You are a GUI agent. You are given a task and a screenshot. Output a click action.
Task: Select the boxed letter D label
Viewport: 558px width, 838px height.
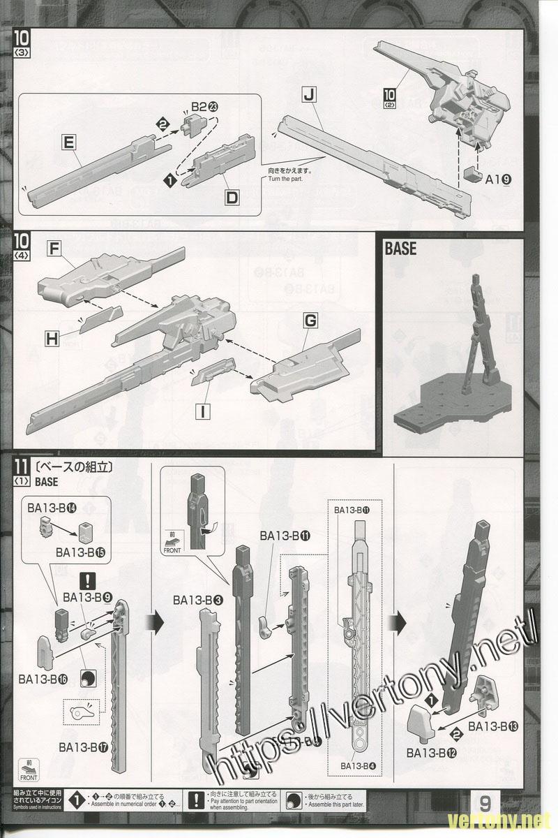coord(232,198)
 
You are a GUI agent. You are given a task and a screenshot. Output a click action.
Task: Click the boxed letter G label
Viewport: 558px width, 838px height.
coord(310,321)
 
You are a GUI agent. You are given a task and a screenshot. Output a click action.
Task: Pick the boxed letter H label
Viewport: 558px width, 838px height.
coord(52,339)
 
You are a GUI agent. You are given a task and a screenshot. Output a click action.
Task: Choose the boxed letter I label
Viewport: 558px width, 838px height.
coord(202,411)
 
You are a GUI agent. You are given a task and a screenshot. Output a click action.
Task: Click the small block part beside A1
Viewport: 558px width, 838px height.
coord(473,172)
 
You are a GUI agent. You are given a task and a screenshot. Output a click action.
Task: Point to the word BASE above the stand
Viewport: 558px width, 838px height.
coord(400,249)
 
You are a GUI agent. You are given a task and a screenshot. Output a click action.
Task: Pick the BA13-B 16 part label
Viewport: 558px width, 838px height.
coord(43,679)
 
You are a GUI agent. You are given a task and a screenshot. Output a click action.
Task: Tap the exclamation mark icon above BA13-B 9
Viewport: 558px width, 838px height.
coord(88,580)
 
